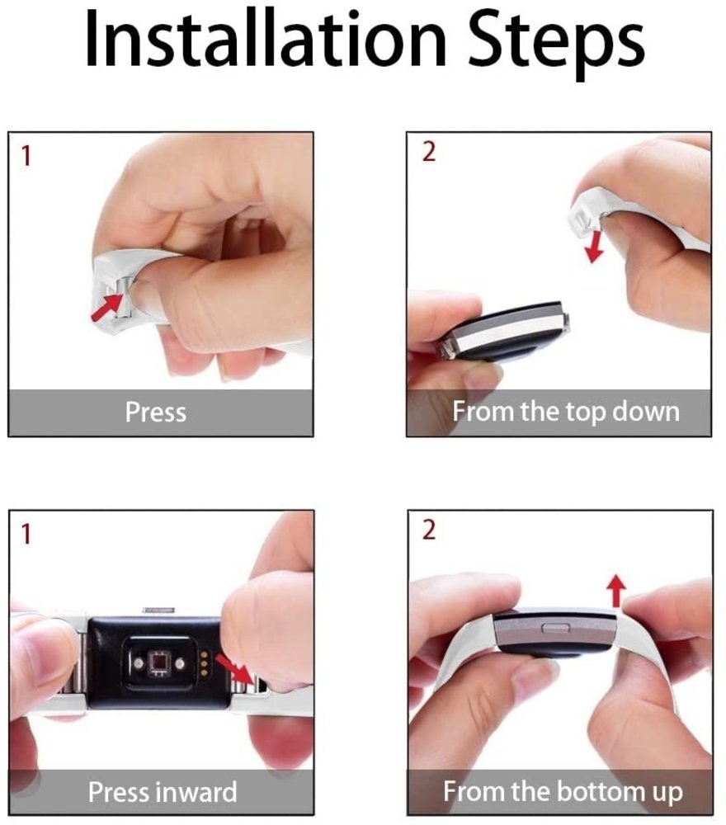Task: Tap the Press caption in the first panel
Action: coord(155,412)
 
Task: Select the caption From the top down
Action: coord(565,412)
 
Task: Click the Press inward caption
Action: coord(162,792)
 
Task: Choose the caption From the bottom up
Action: coord(563,792)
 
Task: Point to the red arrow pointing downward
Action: coord(592,246)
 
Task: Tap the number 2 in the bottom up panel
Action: coord(428,530)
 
